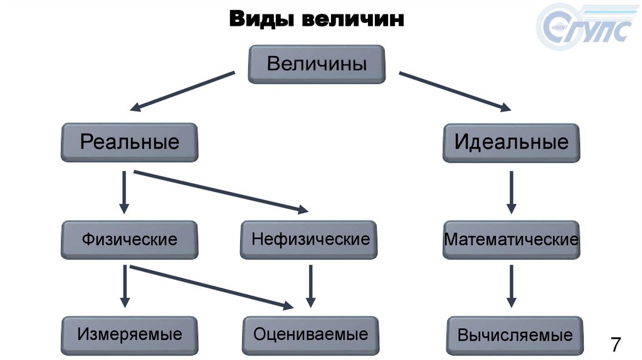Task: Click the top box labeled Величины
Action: click(317, 64)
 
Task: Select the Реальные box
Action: click(130, 142)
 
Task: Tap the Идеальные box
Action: click(511, 142)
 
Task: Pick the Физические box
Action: click(130, 239)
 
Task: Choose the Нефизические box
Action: click(309, 239)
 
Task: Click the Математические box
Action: click(511, 240)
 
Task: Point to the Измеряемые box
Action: click(130, 335)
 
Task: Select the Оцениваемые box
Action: click(310, 335)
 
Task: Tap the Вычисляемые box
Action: click(515, 336)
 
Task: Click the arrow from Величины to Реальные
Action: click(182, 91)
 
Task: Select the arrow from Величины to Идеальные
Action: click(455, 92)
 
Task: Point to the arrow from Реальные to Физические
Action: click(124, 191)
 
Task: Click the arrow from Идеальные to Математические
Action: click(511, 191)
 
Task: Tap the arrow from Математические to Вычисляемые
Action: click(511, 286)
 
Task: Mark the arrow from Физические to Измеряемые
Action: click(124, 286)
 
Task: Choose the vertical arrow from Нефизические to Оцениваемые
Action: click(310, 286)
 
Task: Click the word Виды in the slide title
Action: click(261, 19)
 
